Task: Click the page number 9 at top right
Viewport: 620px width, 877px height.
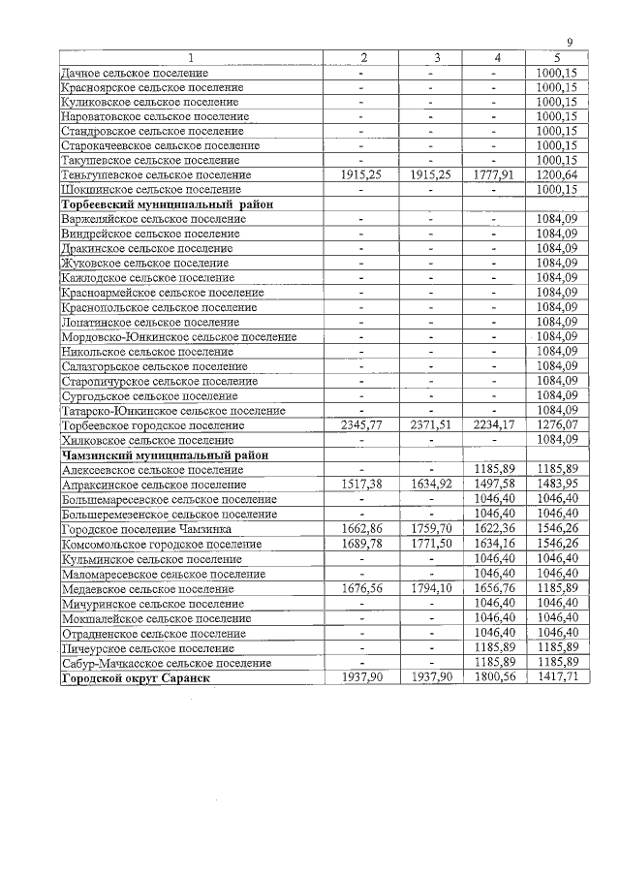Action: tap(571, 42)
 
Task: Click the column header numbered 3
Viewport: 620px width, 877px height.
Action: tap(436, 58)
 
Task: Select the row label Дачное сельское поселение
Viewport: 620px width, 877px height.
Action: tap(135, 73)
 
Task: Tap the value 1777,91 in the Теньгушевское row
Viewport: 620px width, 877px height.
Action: tap(496, 175)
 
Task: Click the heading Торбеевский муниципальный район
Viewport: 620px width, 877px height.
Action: tap(167, 204)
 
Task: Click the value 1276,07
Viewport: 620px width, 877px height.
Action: tap(556, 424)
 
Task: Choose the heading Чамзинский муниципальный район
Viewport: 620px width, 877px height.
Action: tap(164, 454)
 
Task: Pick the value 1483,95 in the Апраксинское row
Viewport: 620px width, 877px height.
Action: tap(556, 485)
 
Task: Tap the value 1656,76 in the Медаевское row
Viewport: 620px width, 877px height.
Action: tap(496, 588)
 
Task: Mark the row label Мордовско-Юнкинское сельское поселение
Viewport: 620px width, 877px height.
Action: tap(178, 336)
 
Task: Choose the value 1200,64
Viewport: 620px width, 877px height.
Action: tap(556, 175)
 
